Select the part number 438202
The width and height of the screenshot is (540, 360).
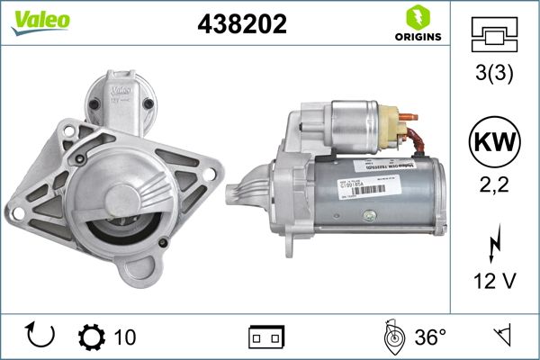click(x=242, y=25)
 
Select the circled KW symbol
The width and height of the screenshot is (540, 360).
click(x=494, y=142)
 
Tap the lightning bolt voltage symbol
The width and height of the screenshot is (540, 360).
click(x=494, y=242)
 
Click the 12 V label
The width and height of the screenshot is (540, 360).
click(x=494, y=282)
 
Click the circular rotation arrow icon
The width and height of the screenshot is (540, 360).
click(x=41, y=337)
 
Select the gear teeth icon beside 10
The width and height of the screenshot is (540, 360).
click(x=92, y=337)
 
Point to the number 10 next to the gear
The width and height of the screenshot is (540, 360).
click(x=125, y=337)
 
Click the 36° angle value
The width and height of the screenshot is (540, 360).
click(x=430, y=337)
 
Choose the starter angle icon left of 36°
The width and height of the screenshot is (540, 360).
click(x=391, y=337)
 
